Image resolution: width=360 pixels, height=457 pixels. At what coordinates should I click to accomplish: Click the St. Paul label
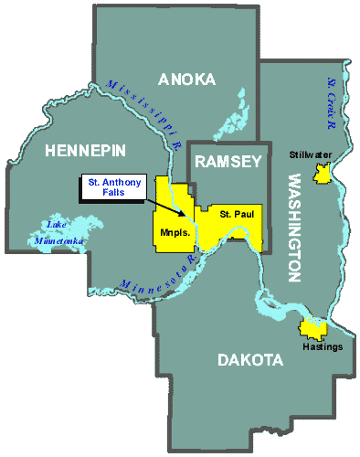[235, 214]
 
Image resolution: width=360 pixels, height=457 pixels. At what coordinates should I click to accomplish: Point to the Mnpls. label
[172, 233]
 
